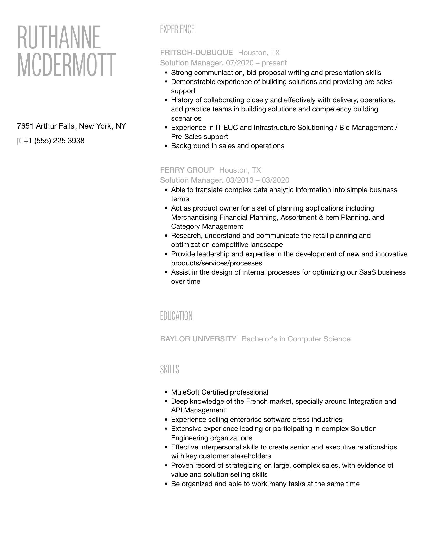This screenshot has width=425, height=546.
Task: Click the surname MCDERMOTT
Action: click(66, 65)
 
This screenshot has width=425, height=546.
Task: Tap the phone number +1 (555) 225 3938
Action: click(54, 141)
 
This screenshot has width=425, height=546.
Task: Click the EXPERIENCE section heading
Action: click(177, 29)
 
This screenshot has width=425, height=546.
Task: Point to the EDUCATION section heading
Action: click(176, 316)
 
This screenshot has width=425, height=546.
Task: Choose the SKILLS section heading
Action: click(170, 370)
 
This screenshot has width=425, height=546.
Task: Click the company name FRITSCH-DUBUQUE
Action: click(196, 53)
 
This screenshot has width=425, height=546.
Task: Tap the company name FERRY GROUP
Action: click(187, 170)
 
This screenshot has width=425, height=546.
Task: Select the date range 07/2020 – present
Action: click(256, 63)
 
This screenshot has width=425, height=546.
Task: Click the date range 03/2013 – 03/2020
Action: click(257, 180)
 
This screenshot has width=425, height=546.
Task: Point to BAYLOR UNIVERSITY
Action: click(198, 339)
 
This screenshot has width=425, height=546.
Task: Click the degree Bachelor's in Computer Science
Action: click(296, 339)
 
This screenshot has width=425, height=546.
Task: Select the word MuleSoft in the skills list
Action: click(185, 392)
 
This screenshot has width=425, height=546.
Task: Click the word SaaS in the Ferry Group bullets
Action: click(367, 272)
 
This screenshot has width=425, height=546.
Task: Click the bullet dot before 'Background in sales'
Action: click(166, 146)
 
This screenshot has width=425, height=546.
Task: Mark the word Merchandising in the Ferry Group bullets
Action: click(194, 217)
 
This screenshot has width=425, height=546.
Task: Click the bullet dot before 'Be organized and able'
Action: click(166, 484)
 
